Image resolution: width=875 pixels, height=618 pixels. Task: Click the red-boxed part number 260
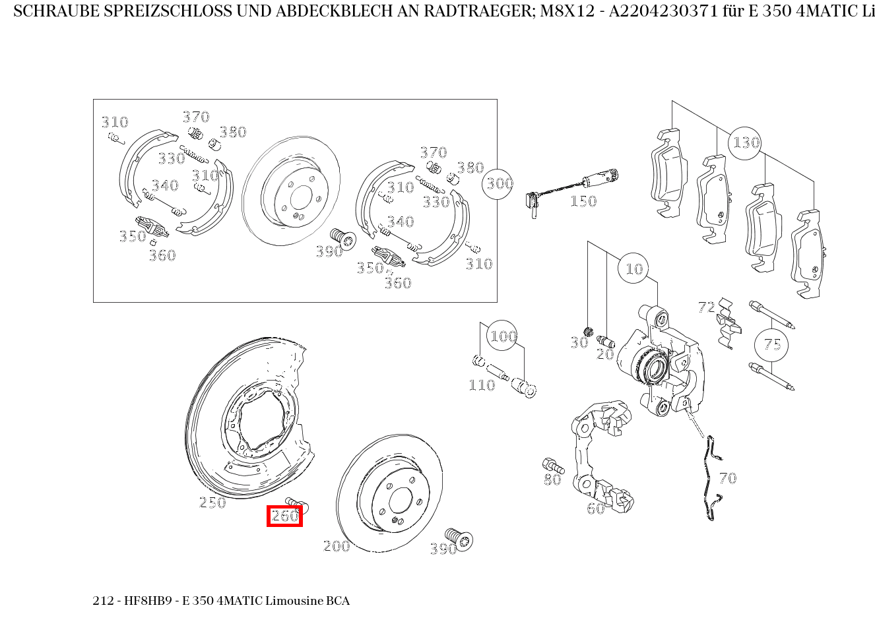point(285,516)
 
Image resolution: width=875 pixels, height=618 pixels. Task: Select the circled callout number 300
point(498,184)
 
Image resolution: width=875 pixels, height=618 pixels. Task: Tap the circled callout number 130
point(745,143)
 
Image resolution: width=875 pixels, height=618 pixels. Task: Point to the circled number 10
point(633,268)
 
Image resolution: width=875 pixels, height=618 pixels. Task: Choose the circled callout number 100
point(502,336)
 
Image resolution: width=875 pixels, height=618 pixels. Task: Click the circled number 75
point(771,345)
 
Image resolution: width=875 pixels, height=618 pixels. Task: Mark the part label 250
point(212,502)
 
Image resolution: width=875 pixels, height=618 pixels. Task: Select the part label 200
point(337,545)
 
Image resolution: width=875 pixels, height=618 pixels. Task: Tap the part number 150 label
point(583,201)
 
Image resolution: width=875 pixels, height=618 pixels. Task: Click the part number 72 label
point(707,307)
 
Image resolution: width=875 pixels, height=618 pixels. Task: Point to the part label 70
point(728,478)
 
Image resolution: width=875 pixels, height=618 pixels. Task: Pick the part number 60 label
point(596,509)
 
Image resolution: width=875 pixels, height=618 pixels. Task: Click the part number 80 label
point(552,479)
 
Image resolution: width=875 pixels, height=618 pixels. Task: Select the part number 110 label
point(482,385)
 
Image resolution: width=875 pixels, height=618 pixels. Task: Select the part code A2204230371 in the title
point(663,12)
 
